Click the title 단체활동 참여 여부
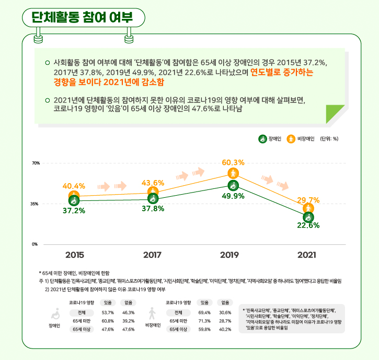click(82, 17)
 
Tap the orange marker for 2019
click(233, 173)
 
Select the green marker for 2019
click(233, 186)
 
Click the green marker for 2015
click(74, 200)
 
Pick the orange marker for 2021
click(308, 208)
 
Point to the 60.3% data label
click(233, 163)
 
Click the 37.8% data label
click(153, 209)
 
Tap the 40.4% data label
click(74, 186)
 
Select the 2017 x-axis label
click(152, 255)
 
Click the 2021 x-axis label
click(307, 255)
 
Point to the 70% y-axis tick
click(36, 163)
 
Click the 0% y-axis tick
click(35, 244)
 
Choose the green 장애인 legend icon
click(262, 139)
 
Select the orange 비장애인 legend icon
click(291, 139)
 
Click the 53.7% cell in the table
click(108, 312)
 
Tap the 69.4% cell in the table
click(204, 312)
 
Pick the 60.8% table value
click(108, 321)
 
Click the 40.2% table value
click(225, 329)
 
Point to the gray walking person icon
click(152, 313)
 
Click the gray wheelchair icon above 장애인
click(55, 314)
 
